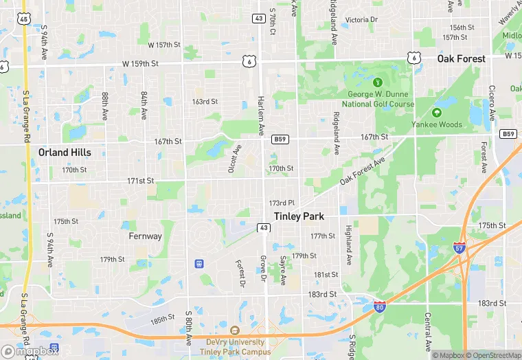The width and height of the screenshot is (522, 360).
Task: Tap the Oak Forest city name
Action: click(x=461, y=59)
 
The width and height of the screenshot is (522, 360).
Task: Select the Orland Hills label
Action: click(x=63, y=153)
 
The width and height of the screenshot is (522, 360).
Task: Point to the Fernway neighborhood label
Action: click(x=146, y=236)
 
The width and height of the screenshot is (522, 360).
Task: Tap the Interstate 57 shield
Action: click(x=459, y=247)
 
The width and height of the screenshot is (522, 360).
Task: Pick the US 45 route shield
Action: click(x=25, y=19)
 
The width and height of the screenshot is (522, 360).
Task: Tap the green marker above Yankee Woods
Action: click(x=436, y=112)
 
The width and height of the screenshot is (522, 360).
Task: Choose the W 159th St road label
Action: click(x=141, y=63)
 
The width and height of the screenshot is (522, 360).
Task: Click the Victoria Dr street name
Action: click(x=361, y=20)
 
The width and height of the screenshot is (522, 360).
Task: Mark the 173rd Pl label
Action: click(x=282, y=203)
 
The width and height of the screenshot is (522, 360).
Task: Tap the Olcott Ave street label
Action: click(x=234, y=159)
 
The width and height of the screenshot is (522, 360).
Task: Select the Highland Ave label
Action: click(x=349, y=245)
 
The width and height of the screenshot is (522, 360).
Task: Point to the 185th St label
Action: click(x=163, y=319)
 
